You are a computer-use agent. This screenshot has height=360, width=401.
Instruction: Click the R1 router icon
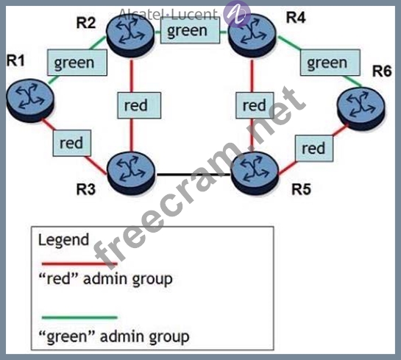30,100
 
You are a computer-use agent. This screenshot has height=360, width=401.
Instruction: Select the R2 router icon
130,36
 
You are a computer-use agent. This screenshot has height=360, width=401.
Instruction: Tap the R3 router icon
131,173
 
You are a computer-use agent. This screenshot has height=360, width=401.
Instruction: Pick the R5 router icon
255,173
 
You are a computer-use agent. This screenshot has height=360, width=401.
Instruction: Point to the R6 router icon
361,109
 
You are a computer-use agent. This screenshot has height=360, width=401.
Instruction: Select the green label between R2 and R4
190,30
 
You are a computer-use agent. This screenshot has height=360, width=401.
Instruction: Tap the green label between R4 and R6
330,63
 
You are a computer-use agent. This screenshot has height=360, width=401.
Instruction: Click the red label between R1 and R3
72,143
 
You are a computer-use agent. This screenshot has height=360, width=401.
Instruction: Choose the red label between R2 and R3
139,105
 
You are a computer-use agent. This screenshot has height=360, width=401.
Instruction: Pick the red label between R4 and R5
255,105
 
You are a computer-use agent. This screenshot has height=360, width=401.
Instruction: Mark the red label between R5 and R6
314,149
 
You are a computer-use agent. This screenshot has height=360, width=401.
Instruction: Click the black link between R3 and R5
194,174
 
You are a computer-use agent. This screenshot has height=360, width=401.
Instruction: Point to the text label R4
296,18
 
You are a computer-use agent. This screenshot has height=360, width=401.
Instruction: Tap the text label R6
382,71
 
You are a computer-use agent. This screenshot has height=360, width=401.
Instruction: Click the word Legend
63,241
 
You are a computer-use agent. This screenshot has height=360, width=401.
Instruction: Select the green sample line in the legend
79,317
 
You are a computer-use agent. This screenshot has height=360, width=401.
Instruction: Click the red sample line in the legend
79,264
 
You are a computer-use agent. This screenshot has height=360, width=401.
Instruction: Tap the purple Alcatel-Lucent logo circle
237,14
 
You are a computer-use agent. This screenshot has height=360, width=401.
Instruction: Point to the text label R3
86,190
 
